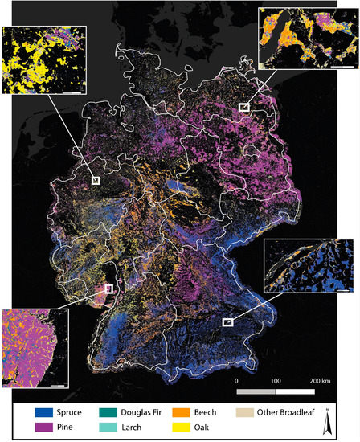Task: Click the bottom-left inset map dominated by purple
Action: tap(35, 350)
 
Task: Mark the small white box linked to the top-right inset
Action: tap(244, 106)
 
